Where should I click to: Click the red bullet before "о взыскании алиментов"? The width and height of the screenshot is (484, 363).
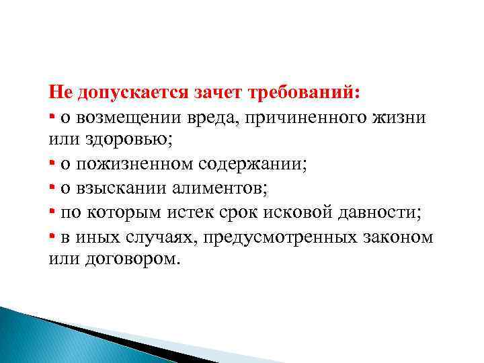click(x=52, y=188)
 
